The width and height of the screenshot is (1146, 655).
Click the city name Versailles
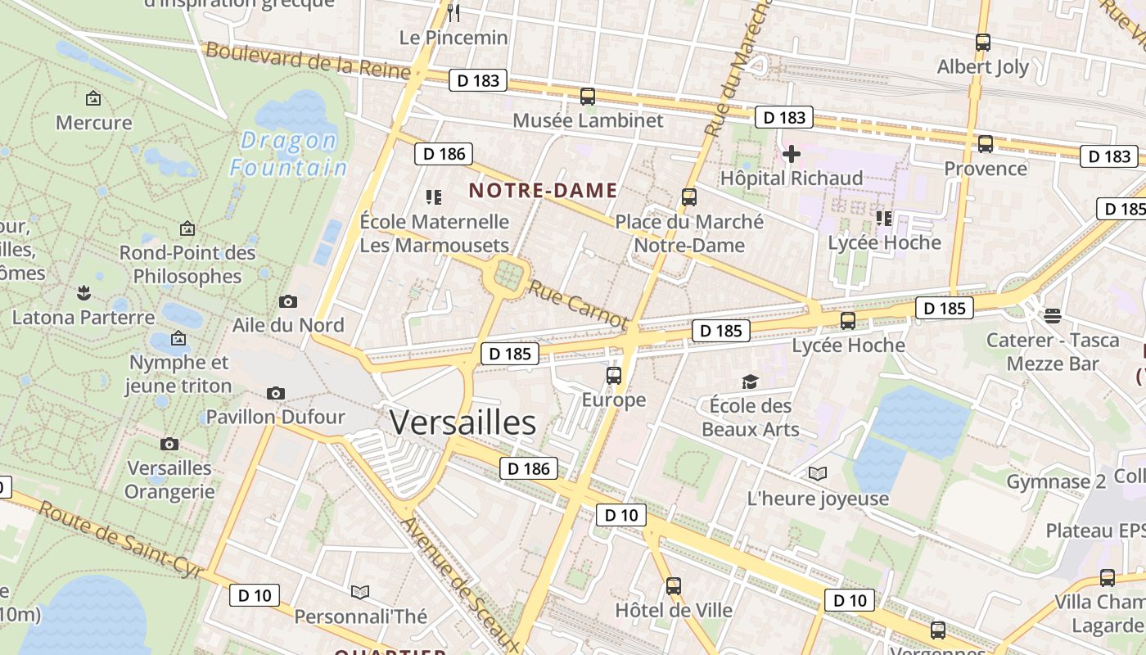click(x=462, y=422)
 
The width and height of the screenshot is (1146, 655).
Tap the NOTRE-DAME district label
click(x=543, y=191)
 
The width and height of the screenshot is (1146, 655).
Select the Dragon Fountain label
click(x=288, y=155)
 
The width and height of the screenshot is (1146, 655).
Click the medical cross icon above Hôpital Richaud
click(x=792, y=153)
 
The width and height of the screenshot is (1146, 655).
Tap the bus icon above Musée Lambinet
click(x=587, y=96)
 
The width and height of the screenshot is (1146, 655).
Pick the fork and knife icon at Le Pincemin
click(x=454, y=12)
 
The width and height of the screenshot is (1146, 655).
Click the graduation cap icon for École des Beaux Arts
click(x=750, y=382)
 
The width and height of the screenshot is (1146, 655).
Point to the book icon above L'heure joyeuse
click(x=817, y=473)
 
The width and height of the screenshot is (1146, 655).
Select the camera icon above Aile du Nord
click(x=287, y=301)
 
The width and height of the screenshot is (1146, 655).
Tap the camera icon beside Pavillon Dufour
click(x=276, y=393)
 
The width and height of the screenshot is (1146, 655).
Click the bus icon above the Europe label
click(x=613, y=376)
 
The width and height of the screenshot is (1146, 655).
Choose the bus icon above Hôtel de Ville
click(x=673, y=585)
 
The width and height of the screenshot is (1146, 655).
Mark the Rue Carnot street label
click(x=578, y=304)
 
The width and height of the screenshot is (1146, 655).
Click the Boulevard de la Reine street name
click(x=307, y=61)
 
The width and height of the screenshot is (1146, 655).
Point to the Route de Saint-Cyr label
click(x=120, y=540)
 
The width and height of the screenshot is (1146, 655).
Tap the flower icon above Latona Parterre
click(x=83, y=292)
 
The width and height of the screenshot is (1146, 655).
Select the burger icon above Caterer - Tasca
click(x=1053, y=315)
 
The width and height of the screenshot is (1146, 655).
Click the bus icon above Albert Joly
click(x=982, y=43)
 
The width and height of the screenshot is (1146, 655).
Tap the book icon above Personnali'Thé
click(x=360, y=591)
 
